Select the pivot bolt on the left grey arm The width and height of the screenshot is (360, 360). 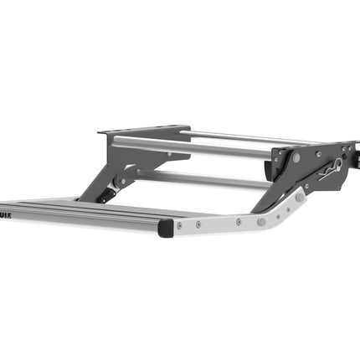123,181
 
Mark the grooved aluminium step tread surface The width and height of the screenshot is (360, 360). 75,210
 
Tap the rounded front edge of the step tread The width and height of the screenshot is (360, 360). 84,224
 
